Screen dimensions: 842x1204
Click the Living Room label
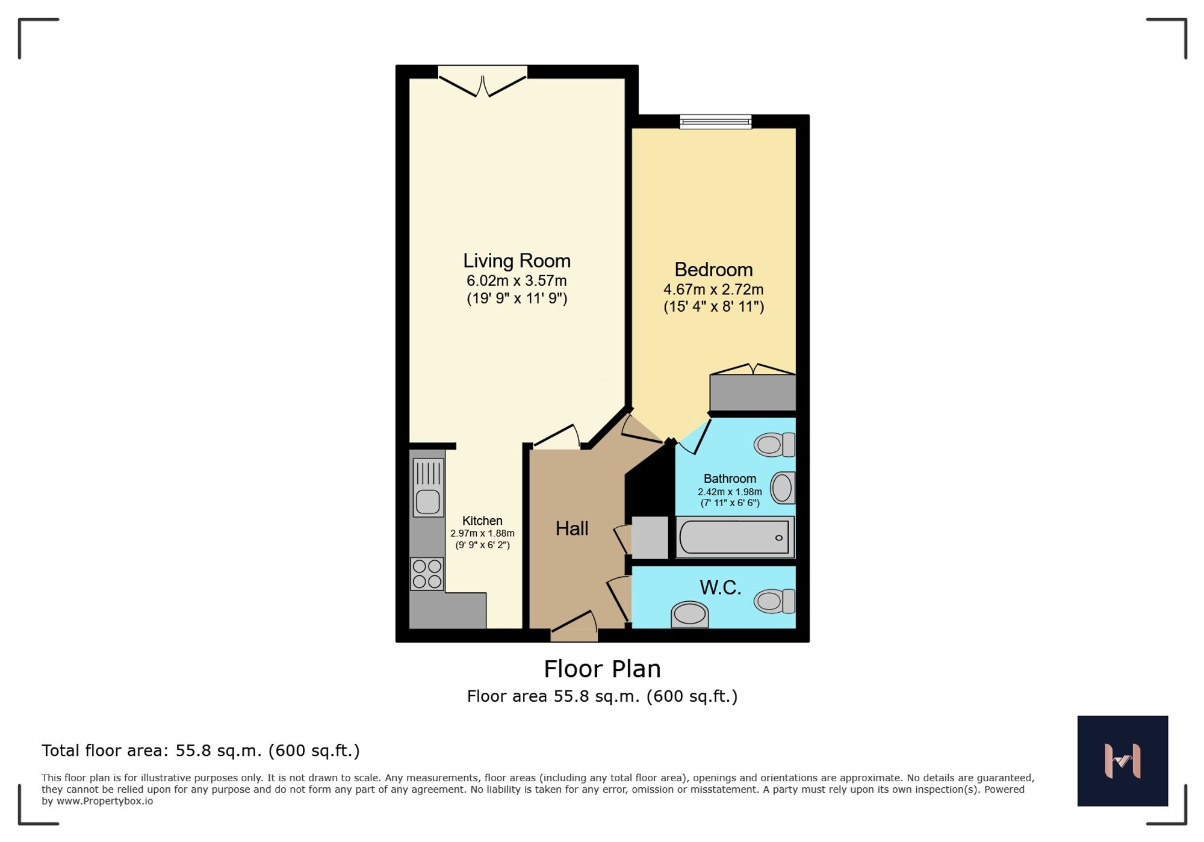pos(517,261)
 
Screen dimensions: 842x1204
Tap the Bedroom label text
pos(713,270)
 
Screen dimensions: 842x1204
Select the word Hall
pos(571,528)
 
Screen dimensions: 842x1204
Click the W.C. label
pos(720,587)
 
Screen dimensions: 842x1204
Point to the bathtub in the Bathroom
pos(734,537)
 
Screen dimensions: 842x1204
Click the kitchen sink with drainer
pos(428,488)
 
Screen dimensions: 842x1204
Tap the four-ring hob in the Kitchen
pos(427,574)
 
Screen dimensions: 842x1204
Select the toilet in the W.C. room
pos(775,601)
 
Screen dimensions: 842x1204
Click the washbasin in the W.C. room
pos(689,614)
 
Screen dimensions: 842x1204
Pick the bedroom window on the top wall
pos(715,122)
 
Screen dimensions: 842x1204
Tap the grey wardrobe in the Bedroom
pos(752,392)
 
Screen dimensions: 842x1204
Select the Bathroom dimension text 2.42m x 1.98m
pos(730,492)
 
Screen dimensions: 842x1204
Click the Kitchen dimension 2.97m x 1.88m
pos(482,533)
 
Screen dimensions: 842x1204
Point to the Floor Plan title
pos(602,669)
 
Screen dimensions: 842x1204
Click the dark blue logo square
pos(1122,761)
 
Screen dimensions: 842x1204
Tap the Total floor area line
pos(200,751)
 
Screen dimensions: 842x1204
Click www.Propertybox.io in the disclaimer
pos(105,801)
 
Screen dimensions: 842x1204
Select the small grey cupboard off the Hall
pos(650,537)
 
